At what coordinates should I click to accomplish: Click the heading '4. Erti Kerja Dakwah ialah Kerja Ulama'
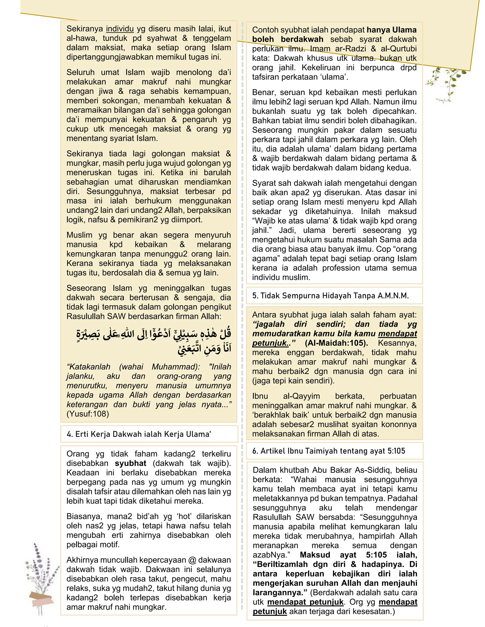pyautogui.click(x=139, y=434)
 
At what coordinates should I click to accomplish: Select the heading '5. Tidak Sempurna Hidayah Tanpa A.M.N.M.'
pyautogui.click(x=330, y=296)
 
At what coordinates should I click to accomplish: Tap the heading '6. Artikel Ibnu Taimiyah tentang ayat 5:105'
pyautogui.click(x=329, y=451)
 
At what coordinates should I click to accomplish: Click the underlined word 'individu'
pyautogui.click(x=120, y=29)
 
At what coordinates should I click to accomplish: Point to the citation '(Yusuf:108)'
pyautogui.click(x=88, y=414)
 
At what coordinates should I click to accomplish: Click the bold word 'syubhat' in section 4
pyautogui.click(x=130, y=463)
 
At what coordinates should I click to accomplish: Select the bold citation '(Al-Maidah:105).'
pyautogui.click(x=336, y=343)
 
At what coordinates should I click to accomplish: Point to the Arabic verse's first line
pyautogui.click(x=154, y=334)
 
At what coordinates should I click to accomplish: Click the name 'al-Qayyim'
pyautogui.click(x=301, y=396)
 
